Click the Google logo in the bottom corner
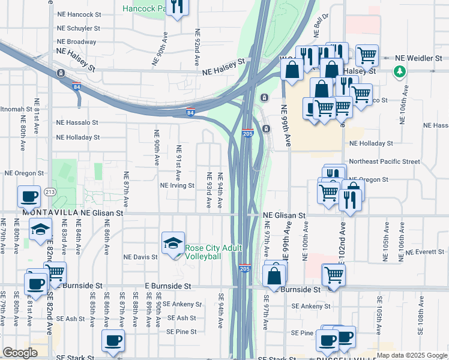[x=20, y=353]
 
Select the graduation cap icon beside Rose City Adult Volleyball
[x=173, y=243]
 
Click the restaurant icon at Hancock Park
[x=178, y=7]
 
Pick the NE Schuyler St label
[x=78, y=28]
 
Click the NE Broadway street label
[x=76, y=42]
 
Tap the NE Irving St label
[x=177, y=185]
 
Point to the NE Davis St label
[x=140, y=257]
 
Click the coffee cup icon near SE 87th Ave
[x=113, y=341]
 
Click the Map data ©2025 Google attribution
[x=412, y=355]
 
